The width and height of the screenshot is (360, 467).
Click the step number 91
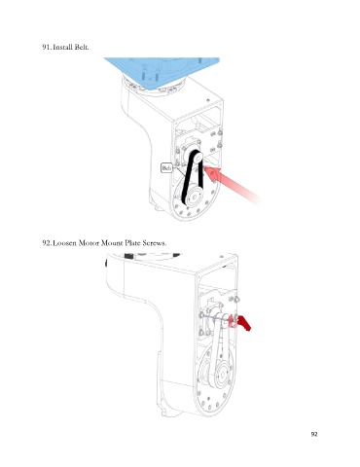pos(46,47)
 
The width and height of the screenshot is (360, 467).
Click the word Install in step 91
pos(62,47)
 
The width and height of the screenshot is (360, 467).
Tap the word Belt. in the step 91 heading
pos(82,47)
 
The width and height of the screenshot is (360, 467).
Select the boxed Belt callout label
pos(166,167)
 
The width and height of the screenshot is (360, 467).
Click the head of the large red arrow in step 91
pos(212,173)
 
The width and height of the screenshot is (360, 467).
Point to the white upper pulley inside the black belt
pos(198,157)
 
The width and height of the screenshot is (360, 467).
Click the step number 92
pos(46,242)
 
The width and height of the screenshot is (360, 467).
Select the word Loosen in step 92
pos(64,242)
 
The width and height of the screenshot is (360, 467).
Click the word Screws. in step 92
pos(155,242)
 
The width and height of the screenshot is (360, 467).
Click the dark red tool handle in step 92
pos(245,324)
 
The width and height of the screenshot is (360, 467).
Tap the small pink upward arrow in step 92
pos(232,321)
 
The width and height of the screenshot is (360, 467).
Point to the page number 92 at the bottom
pos(314,435)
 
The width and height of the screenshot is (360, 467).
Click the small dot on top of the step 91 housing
pos(208,100)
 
